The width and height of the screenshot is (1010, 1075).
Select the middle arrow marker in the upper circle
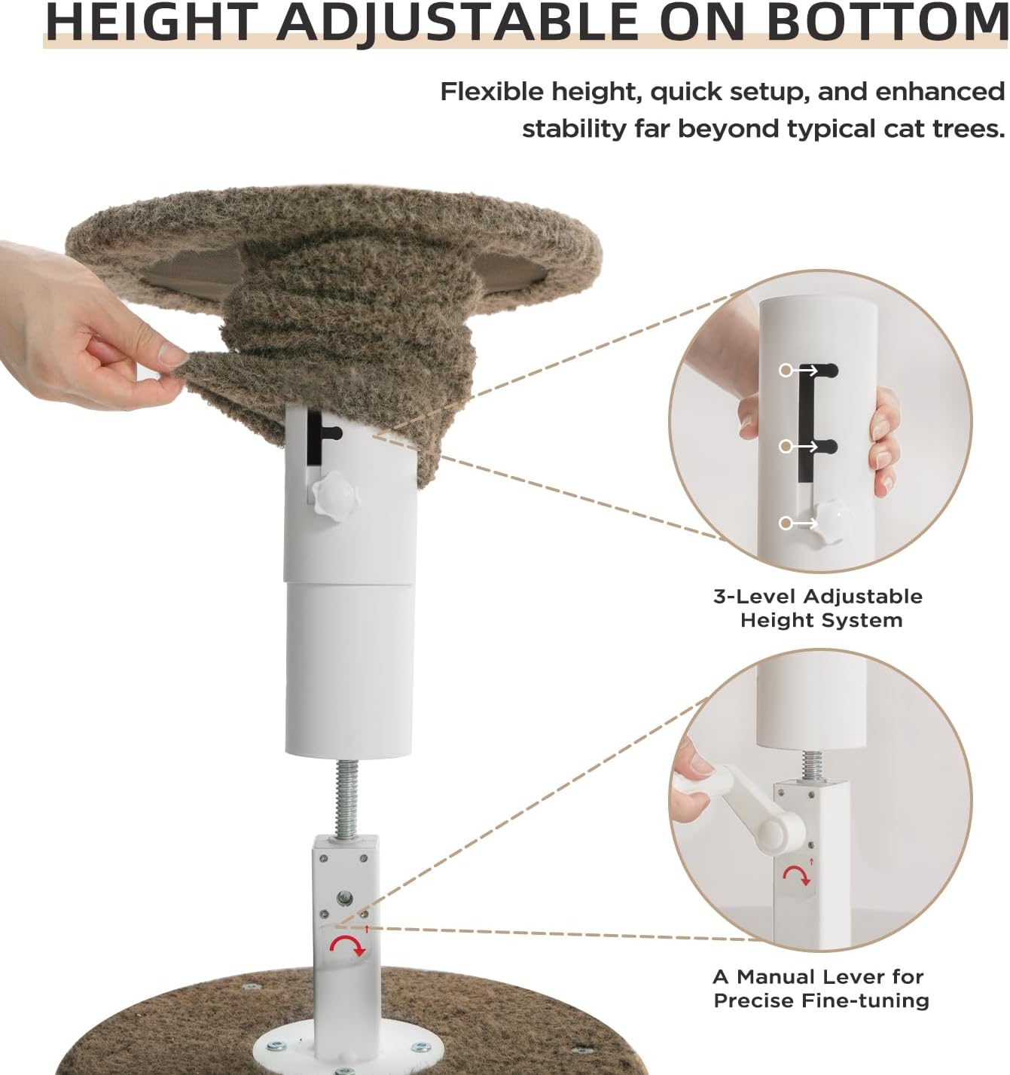tap(802, 447)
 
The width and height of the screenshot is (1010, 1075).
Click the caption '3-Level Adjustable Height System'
tap(818, 608)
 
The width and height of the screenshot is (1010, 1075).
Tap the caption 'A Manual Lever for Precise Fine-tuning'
tap(820, 988)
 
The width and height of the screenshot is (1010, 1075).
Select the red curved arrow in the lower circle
tap(797, 874)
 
